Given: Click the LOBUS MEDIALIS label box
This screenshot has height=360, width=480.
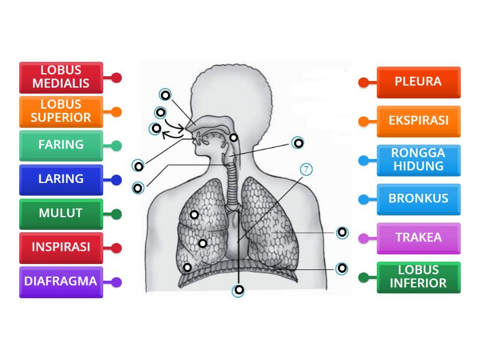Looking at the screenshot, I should point(61,77).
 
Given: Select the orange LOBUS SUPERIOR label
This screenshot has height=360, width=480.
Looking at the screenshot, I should point(61,112).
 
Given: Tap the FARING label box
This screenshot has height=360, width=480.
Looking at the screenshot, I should point(61,145).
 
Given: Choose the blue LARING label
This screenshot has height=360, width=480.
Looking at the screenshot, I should point(61,179).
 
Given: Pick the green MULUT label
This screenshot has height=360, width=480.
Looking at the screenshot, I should point(61,214).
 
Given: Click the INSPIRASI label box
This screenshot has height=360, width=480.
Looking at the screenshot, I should point(61,247).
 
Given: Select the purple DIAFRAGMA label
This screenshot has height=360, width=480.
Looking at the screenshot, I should point(61,281).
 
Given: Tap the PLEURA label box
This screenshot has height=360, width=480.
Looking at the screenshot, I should point(418,82).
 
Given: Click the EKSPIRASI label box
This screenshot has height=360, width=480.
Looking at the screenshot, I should point(418,121).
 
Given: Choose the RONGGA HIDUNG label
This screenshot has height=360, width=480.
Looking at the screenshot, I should point(418,160).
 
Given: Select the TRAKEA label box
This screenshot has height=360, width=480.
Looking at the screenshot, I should point(418,238).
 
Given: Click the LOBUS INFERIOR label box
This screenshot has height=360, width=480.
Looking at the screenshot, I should point(418,277).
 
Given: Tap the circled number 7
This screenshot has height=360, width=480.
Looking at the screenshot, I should point(306,170).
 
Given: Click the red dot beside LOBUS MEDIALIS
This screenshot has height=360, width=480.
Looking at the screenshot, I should point(116,77).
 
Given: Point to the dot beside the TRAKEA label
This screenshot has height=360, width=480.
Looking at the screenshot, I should point(363,238).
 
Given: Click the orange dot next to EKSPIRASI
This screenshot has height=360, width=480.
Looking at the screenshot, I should point(363,121).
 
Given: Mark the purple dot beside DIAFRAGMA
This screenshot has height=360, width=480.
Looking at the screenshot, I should point(116,282).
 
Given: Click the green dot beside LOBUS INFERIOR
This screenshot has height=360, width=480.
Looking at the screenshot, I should point(363,278).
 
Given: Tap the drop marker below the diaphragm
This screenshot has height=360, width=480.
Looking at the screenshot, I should point(239,290).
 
